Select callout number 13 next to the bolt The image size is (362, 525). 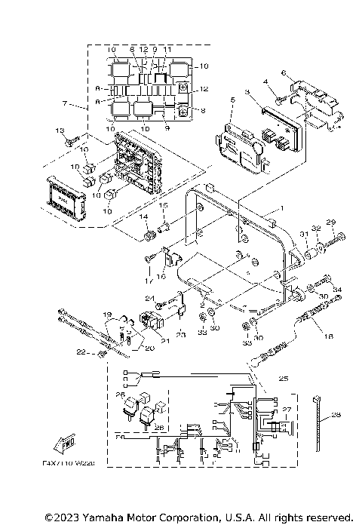[x=61, y=131]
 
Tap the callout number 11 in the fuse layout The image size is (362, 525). [x=167, y=49]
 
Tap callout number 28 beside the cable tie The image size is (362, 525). [x=336, y=414]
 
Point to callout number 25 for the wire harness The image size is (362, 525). [x=284, y=377]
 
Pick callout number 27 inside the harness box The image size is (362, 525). [x=287, y=410]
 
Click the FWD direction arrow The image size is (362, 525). [x=66, y=442]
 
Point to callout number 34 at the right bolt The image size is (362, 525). [x=337, y=289]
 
